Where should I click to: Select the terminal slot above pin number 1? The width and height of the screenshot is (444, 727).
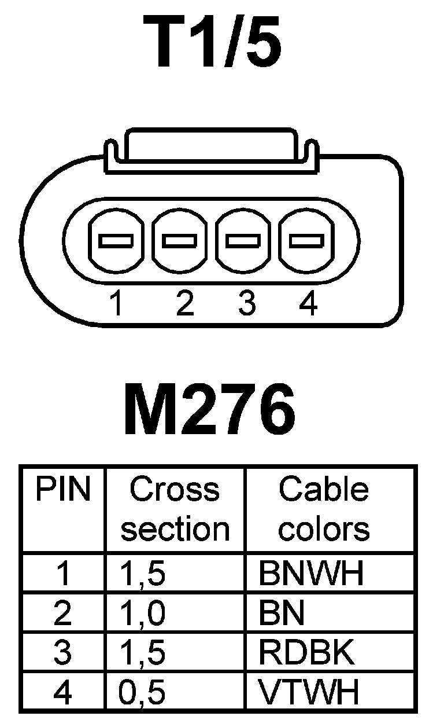pos(116,240)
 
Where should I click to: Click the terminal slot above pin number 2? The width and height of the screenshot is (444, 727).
pos(180,240)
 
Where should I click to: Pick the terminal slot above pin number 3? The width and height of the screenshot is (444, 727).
pos(243,240)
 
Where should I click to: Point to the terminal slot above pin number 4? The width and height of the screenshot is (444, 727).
pos(306,240)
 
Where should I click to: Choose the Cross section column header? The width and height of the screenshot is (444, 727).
pos(175,509)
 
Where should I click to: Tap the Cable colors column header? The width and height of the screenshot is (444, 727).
pos(324,509)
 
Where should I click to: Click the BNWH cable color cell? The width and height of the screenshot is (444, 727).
pos(312,573)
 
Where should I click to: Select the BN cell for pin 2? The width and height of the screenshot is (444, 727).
pos(282,613)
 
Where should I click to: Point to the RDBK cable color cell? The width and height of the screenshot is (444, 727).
pos(306,653)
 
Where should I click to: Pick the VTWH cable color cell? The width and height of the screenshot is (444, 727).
pos(309,692)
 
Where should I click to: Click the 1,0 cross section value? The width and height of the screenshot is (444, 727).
pos(142,613)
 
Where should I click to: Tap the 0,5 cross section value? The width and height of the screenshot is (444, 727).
pos(142,692)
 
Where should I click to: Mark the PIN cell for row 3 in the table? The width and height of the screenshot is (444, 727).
pos(62,653)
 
